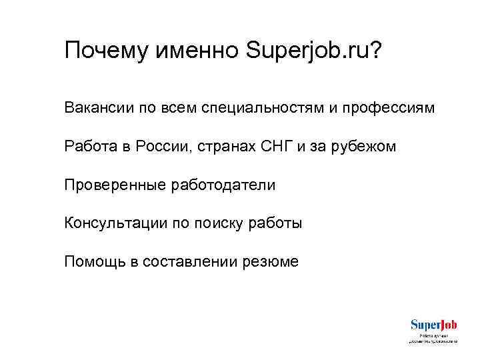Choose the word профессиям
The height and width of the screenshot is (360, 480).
pyautogui.click(x=392, y=107)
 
